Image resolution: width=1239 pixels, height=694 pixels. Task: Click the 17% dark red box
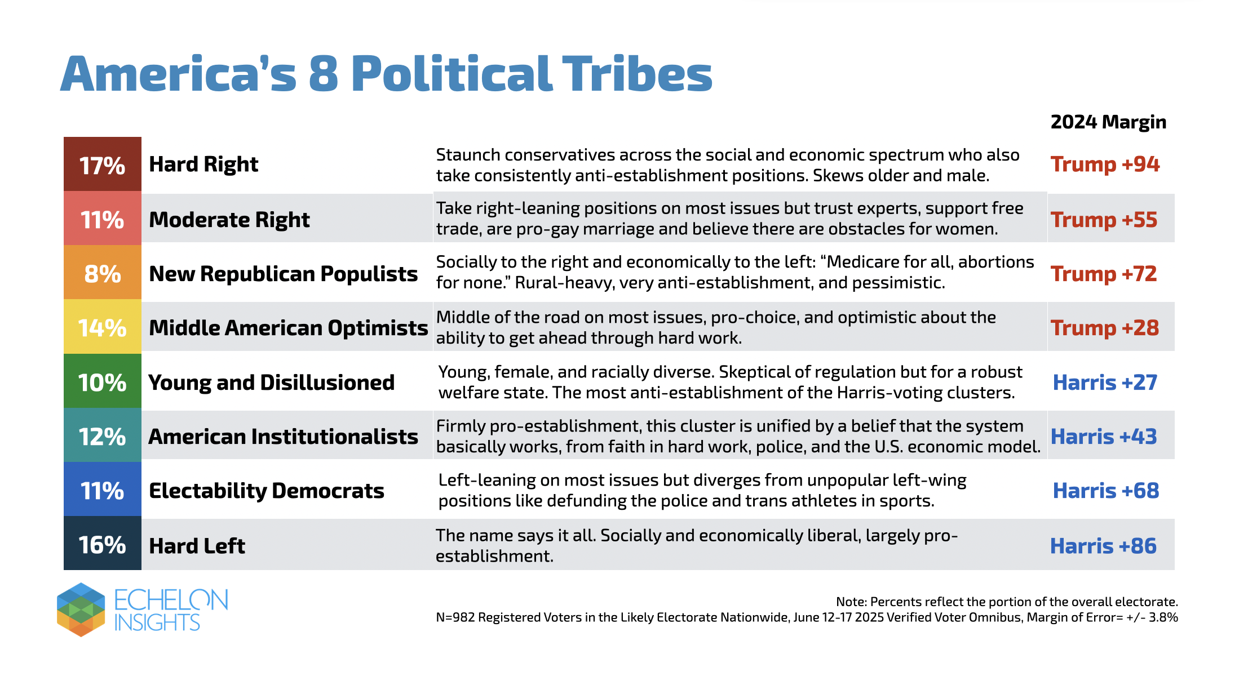tap(102, 164)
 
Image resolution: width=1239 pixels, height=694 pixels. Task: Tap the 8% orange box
tap(102, 273)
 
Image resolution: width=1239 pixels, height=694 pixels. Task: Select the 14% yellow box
tap(102, 327)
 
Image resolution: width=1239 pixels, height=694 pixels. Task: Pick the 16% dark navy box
tap(102, 544)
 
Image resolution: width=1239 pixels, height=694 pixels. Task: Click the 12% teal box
tap(102, 435)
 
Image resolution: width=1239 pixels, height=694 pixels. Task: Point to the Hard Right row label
tap(203, 164)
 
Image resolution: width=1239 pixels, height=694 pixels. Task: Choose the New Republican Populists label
tap(284, 274)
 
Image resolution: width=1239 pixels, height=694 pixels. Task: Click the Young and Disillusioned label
tap(272, 382)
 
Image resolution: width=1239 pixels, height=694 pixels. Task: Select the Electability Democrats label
tap(267, 491)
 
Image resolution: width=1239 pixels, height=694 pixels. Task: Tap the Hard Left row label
tap(197, 546)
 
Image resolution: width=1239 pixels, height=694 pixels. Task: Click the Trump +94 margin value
tap(1105, 164)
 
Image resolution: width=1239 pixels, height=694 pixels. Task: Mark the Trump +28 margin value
tap(1105, 328)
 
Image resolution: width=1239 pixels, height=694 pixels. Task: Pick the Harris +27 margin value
tap(1105, 382)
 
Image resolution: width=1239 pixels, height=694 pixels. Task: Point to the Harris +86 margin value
tap(1103, 546)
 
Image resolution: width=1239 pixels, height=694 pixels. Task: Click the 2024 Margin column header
tap(1108, 122)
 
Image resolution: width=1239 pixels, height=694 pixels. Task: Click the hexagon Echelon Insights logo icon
tap(81, 610)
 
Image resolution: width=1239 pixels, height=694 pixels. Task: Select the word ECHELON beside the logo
tap(171, 600)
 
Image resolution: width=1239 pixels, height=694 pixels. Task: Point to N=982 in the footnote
tap(455, 617)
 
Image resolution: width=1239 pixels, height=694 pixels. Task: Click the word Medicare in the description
tap(859, 262)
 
